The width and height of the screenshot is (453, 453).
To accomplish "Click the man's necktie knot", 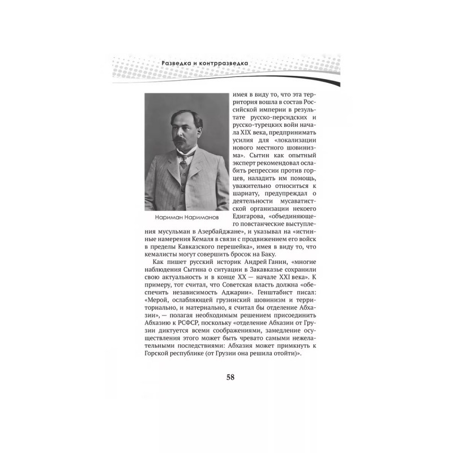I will click(x=182, y=157).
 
